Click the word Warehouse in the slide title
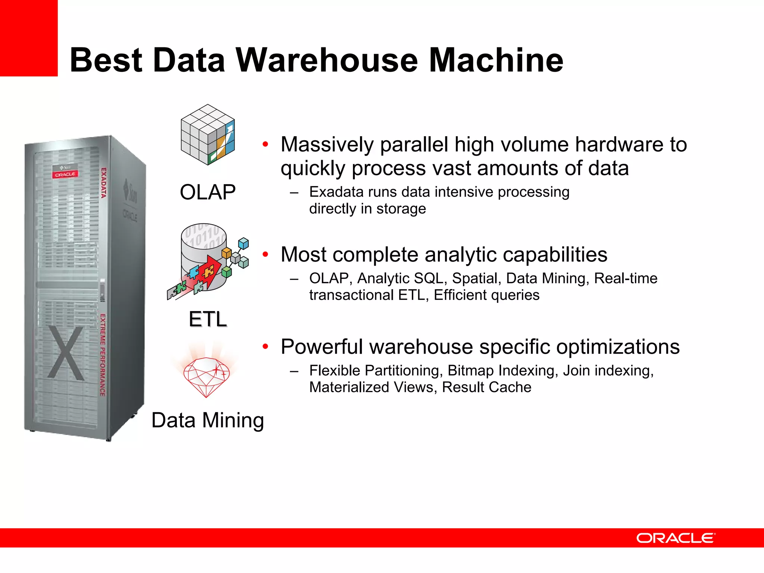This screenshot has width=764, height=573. click(x=327, y=60)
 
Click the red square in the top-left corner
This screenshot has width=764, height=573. click(x=29, y=38)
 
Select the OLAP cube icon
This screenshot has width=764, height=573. click(x=208, y=135)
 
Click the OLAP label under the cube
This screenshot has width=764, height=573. click(x=208, y=192)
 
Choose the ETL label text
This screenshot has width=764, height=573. click(x=208, y=319)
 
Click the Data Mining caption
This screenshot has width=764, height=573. click(x=208, y=420)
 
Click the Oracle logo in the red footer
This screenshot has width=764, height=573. click(x=676, y=538)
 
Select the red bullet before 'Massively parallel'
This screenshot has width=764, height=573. click(x=265, y=144)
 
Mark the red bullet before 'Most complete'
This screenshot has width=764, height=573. click(x=265, y=254)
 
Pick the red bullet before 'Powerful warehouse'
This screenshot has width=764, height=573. click(x=265, y=347)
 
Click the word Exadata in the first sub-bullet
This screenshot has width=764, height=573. click(x=336, y=192)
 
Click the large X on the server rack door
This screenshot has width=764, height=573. click(x=66, y=353)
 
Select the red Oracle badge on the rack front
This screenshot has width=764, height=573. click(x=65, y=175)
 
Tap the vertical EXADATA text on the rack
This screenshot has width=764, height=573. click(x=104, y=183)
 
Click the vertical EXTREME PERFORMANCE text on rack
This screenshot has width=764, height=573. click(x=103, y=355)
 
